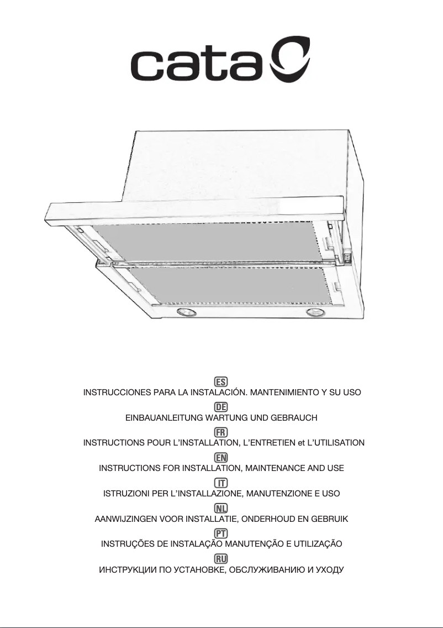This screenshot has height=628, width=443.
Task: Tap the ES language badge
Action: [221, 381]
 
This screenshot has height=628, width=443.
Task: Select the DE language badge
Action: [221, 407]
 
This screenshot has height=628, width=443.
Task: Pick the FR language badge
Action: [221, 432]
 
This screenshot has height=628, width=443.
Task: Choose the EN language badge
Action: [221, 457]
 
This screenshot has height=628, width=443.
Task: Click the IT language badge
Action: [221, 483]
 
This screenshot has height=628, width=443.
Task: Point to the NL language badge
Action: [221, 508]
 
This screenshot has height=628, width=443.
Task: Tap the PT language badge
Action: [221, 533]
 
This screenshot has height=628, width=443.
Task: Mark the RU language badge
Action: [221, 559]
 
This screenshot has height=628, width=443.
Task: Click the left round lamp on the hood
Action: [184, 312]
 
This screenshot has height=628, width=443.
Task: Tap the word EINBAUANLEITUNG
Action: [164, 418]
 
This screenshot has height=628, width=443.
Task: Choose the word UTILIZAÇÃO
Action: [318, 544]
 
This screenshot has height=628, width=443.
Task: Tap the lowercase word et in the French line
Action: [300, 443]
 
